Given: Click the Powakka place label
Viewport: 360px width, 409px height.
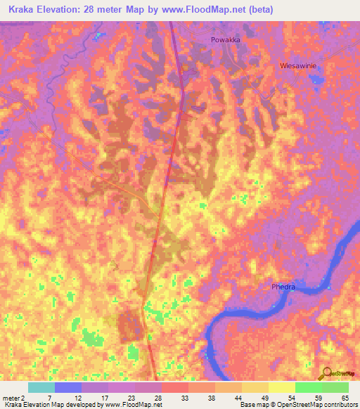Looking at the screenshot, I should (x=226, y=40).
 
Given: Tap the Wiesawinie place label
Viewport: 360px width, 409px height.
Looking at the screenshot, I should (x=300, y=65).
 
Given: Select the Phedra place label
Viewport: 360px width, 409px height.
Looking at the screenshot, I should (x=283, y=287).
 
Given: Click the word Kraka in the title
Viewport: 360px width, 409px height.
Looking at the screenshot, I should (x=24, y=10).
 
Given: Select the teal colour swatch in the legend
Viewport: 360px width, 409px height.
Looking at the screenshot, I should (x=41, y=387).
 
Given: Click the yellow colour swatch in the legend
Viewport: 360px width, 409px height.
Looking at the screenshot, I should (x=281, y=387).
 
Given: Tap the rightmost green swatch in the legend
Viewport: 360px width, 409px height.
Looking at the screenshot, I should (x=335, y=387).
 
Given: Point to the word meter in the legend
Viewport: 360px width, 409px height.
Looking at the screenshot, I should (x=12, y=398).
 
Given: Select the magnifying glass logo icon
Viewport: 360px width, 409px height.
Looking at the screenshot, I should (x=328, y=372).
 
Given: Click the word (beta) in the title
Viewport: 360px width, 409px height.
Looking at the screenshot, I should (x=260, y=10).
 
